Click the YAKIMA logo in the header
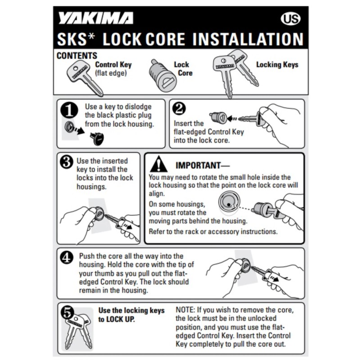click(95, 18)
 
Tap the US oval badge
click(290, 19)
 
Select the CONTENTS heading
click(76, 56)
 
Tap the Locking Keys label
click(277, 65)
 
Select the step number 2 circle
click(179, 109)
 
